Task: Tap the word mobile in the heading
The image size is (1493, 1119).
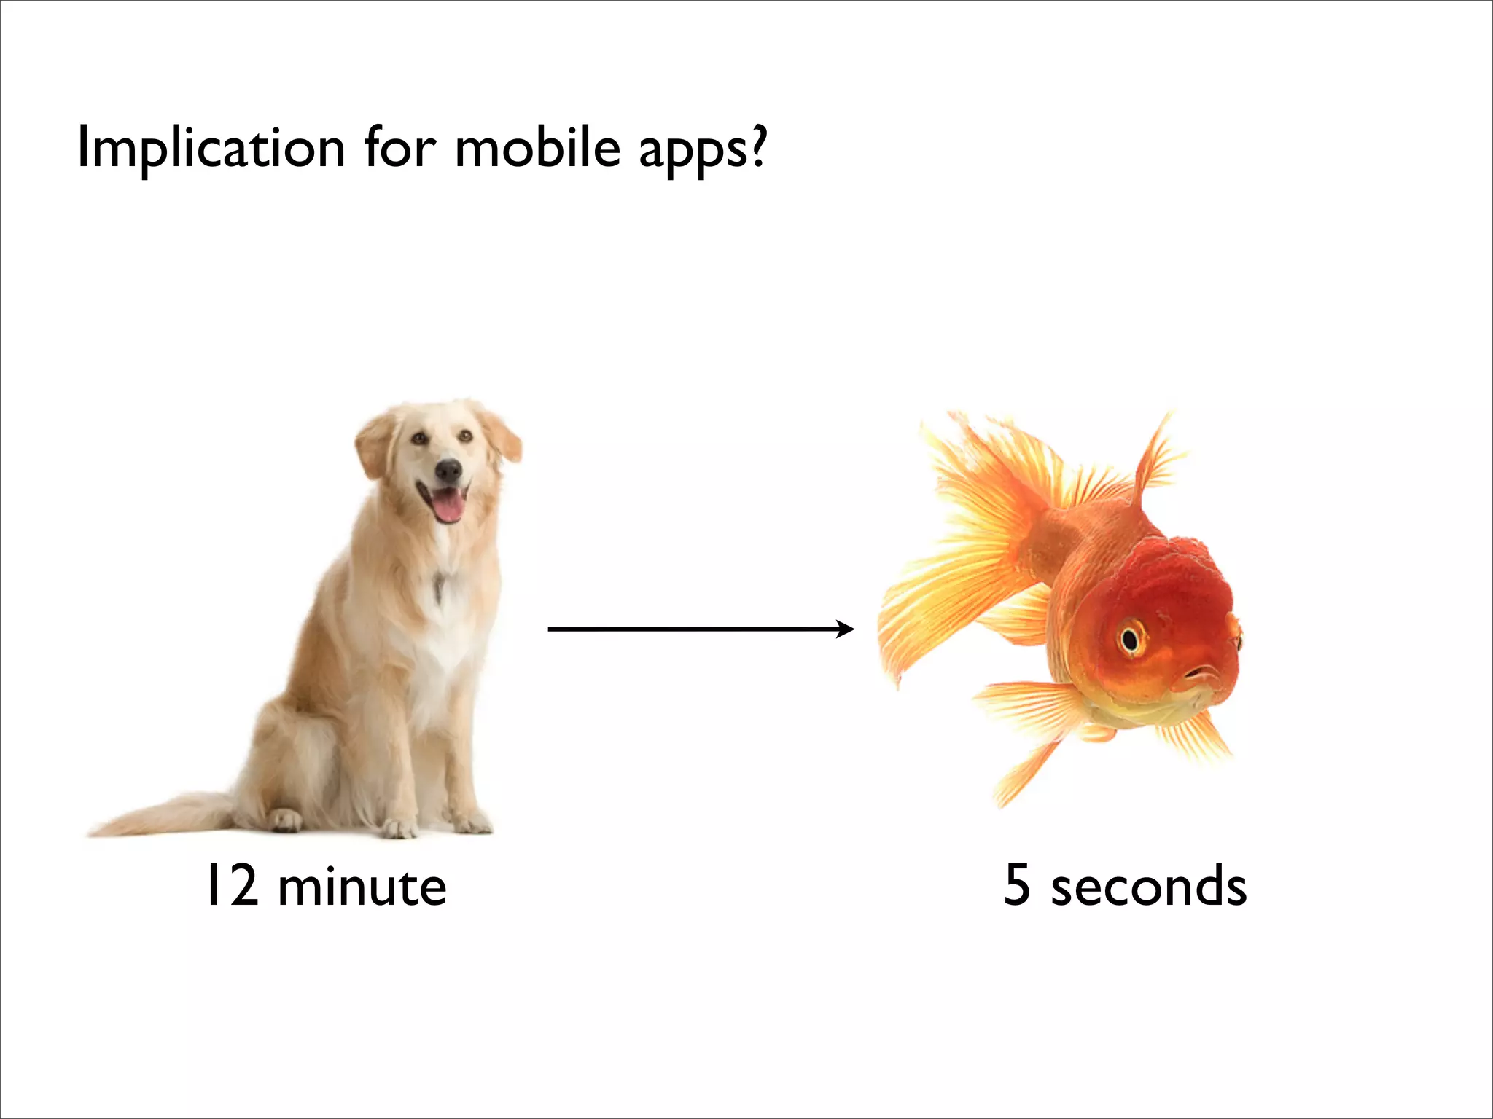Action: (x=537, y=147)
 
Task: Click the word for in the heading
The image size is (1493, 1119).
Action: (x=399, y=147)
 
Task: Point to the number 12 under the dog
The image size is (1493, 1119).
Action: (x=233, y=885)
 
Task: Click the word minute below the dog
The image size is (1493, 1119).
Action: (x=362, y=887)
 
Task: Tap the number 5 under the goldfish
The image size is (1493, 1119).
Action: (x=1017, y=885)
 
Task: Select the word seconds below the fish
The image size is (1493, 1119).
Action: (x=1148, y=887)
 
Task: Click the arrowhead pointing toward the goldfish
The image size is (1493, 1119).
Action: (x=846, y=629)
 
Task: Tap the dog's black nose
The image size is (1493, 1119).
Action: (x=448, y=469)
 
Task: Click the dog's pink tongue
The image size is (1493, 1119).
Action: (x=447, y=506)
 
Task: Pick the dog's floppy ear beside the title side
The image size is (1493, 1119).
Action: (x=373, y=444)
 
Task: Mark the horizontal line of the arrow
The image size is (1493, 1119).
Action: (x=693, y=629)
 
